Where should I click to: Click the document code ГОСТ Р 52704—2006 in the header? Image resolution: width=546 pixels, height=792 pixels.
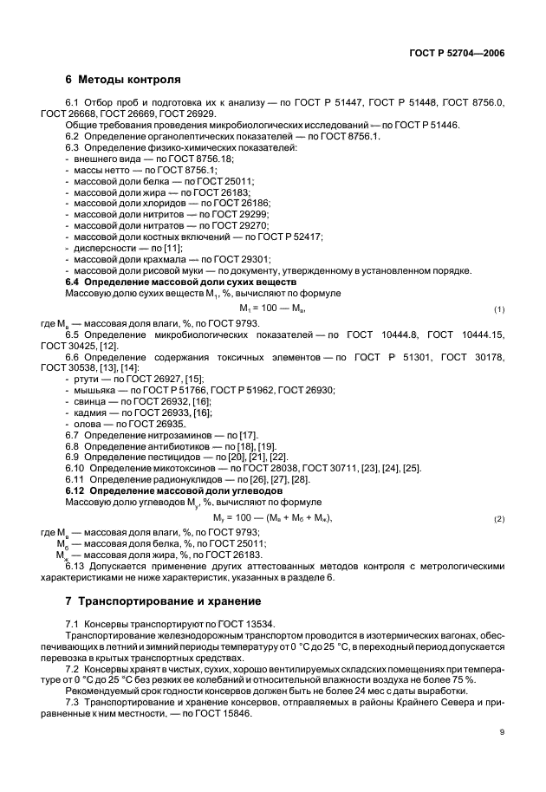click(x=458, y=53)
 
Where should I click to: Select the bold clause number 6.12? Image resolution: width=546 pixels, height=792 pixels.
click(x=77, y=491)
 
